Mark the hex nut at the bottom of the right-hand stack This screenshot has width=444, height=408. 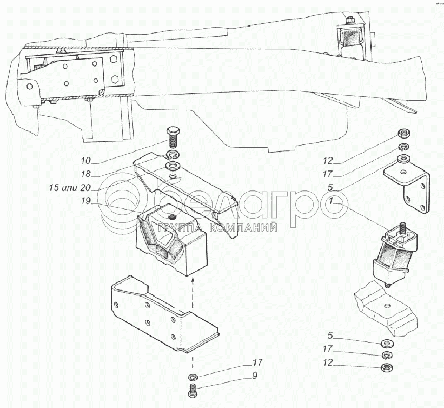pyautogui.click(x=387, y=367)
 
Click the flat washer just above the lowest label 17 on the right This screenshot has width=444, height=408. pyautogui.click(x=387, y=344)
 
